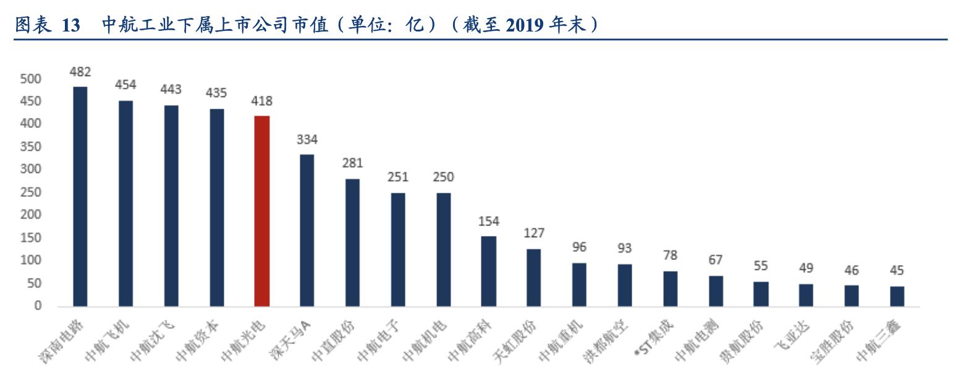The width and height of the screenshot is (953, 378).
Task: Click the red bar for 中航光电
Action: pos(262,211)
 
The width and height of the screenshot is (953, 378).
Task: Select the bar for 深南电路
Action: pos(80,196)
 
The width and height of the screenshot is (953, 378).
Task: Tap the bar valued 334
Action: pos(307,230)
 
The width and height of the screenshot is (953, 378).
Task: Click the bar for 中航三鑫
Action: pos(897,296)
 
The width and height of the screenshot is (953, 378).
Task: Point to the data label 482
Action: pos(80,72)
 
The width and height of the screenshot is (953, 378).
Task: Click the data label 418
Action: pos(262,101)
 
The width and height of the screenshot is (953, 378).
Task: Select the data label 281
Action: pos(352,164)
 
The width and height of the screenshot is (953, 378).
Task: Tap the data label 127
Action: pos(534,234)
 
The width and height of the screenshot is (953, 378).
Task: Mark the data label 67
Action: pos(716,260)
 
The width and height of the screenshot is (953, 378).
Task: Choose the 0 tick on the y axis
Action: pos(36,306)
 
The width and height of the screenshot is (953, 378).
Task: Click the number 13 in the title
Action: pos(72,26)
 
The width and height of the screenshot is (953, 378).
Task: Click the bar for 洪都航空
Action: pos(625,285)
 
